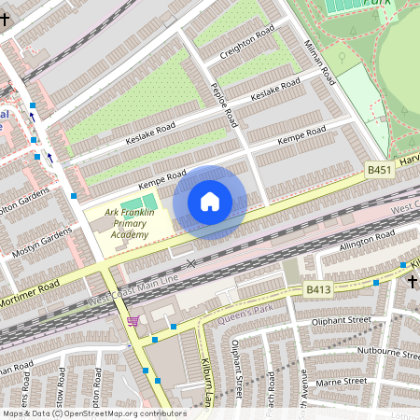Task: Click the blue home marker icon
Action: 210,202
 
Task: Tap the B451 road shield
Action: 378,170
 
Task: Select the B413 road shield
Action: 319,290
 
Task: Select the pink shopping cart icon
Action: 133,321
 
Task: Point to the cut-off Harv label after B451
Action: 409,161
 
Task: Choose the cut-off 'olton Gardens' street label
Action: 22,204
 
